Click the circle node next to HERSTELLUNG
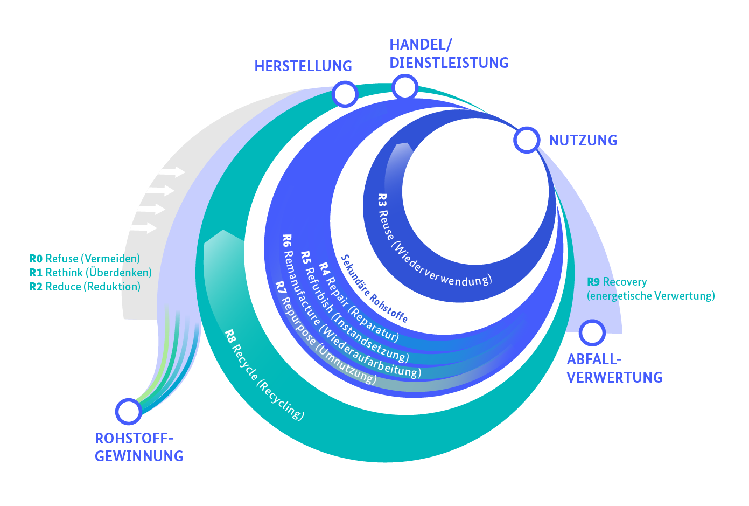pos(345,94)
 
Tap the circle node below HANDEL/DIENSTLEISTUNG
pos(405,87)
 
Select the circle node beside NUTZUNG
pos(527,140)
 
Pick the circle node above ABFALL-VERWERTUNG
pos(592,332)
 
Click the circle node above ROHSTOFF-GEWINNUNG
pos(128,411)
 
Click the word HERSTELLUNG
pos(303,66)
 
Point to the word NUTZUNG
pos(583,141)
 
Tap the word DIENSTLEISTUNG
pos(449,63)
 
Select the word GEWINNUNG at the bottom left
pos(139,456)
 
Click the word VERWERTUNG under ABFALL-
pos(614,378)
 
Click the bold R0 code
pos(36,259)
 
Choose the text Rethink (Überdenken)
pos(99,273)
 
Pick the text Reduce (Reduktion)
pos(93,287)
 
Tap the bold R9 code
pos(593,282)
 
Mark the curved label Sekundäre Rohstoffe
pos(374,289)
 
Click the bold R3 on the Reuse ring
pos(382,200)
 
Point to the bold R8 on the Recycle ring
pos(230,336)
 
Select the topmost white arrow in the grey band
pos(172,172)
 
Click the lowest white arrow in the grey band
pos(143,228)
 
